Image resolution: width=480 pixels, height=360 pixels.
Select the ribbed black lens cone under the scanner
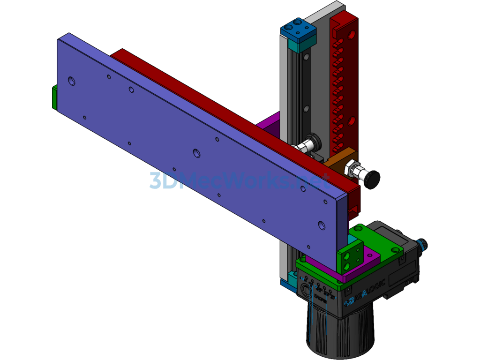[x=341, y=333]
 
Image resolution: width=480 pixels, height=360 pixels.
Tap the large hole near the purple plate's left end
[x=71, y=81]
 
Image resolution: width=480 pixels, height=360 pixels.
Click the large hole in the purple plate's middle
[x=196, y=153]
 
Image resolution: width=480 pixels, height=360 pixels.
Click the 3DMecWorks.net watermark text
[x=239, y=180]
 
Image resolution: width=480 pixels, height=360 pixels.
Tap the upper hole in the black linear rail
[x=306, y=57]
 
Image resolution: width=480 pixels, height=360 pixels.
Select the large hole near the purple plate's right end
[x=321, y=225]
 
